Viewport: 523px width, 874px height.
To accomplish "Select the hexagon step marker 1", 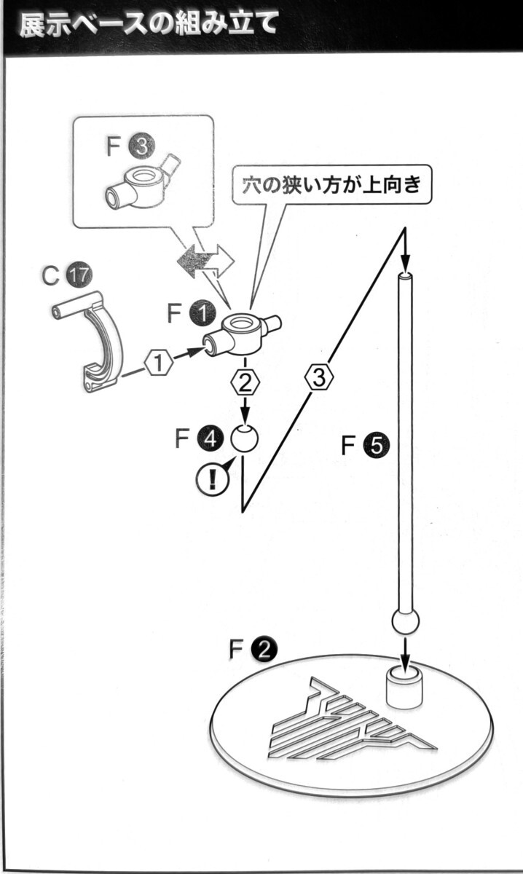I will tap(160, 361).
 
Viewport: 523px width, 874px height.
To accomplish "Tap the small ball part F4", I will tap(244, 438).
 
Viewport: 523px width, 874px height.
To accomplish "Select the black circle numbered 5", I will tap(377, 444).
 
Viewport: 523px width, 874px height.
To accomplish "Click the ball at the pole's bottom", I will tap(406, 622).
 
